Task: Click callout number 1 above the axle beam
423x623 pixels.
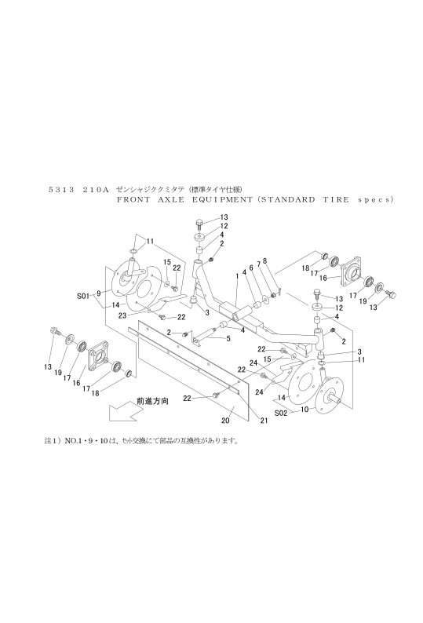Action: coord(237,276)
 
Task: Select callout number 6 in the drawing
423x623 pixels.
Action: coord(251,268)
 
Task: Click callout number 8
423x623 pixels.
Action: coord(266,260)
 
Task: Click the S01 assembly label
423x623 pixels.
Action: coord(85,296)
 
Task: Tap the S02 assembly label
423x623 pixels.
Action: coord(282,410)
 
